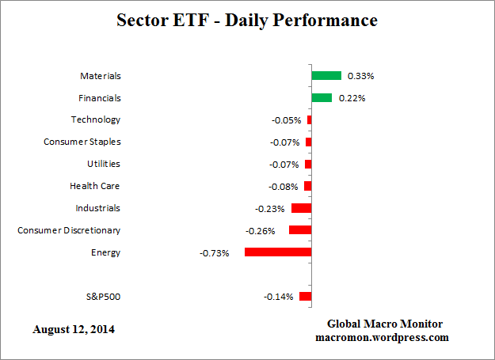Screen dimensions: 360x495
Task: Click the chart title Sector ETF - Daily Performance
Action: (x=248, y=21)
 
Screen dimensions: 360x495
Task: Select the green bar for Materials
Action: (x=326, y=76)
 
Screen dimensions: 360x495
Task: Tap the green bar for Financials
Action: (x=322, y=98)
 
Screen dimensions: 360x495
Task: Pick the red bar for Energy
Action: (x=278, y=252)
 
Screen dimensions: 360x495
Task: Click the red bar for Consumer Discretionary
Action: (x=300, y=230)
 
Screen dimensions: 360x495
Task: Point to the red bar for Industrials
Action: (x=301, y=208)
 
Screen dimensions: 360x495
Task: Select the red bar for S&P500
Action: (x=305, y=297)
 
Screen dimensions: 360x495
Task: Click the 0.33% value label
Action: (x=360, y=76)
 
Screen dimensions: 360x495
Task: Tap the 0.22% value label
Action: (x=352, y=98)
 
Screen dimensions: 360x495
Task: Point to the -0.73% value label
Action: (x=214, y=253)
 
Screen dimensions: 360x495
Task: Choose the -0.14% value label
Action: (x=278, y=297)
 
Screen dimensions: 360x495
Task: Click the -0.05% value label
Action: (x=286, y=120)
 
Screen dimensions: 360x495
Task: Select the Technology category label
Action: (x=96, y=119)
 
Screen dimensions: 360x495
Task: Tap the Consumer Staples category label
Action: (x=82, y=142)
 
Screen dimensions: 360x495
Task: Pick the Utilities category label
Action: (x=104, y=164)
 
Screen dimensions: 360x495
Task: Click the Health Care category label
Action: (x=95, y=186)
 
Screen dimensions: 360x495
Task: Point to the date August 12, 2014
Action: (x=74, y=328)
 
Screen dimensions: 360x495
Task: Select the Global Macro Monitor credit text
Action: (x=385, y=324)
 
